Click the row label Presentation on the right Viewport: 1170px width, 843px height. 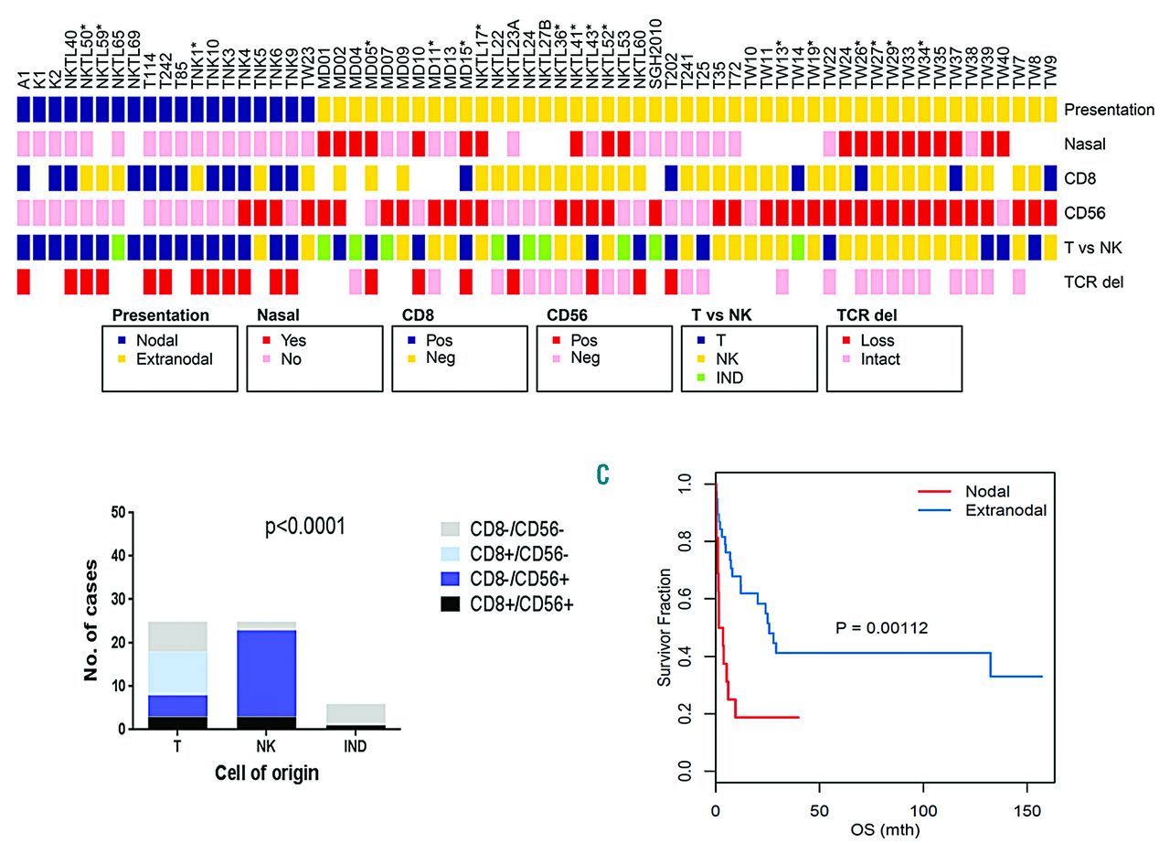click(x=1109, y=111)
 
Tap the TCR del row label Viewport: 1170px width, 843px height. click(x=1093, y=283)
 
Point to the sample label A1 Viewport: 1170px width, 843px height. click(x=24, y=81)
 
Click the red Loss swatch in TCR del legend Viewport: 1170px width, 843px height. click(x=839, y=341)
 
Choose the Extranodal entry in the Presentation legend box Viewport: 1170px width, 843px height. click(x=173, y=359)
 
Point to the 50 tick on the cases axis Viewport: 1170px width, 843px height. click(x=118, y=513)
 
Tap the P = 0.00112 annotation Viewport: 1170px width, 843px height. click(x=883, y=628)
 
